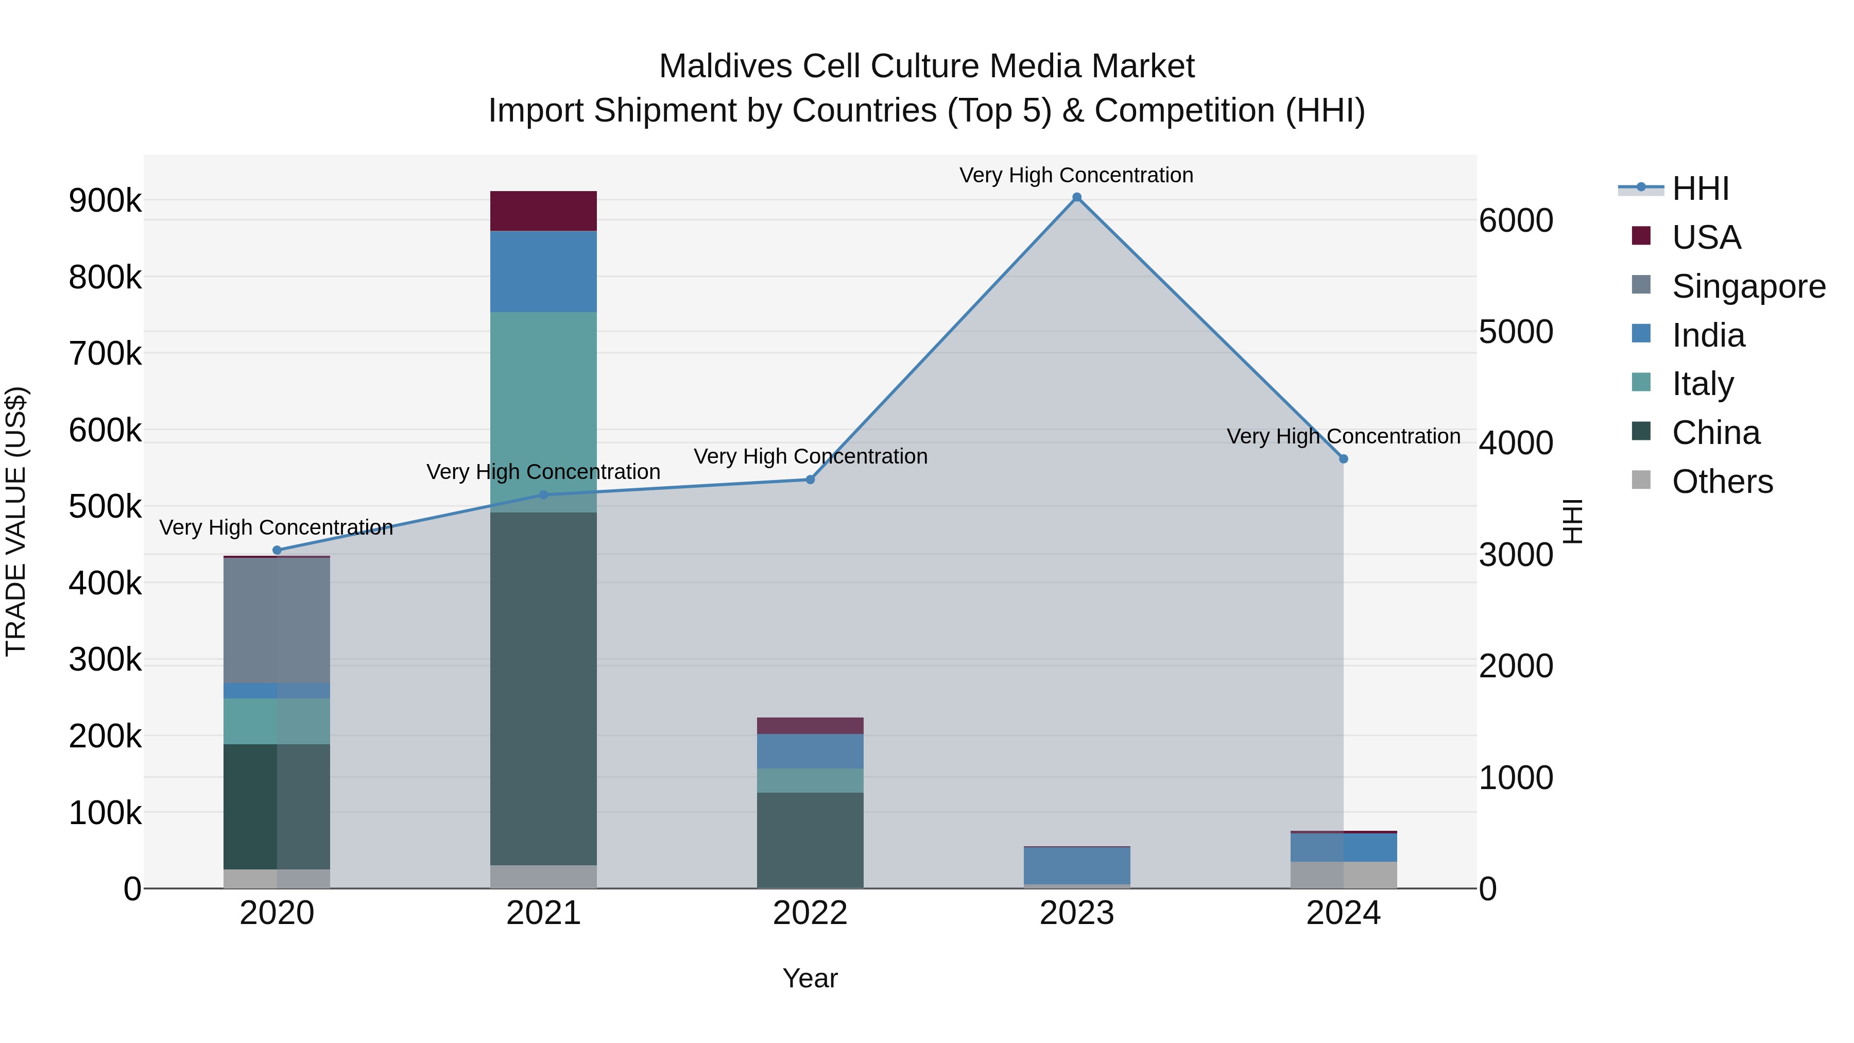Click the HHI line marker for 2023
pos(1077,197)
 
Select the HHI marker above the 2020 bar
pos(277,550)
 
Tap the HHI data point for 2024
pos(1343,458)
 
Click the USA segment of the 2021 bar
pos(543,211)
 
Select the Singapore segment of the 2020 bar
pos(277,620)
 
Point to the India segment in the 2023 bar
pos(1077,865)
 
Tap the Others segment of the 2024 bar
pos(1343,875)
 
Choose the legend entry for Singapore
pos(1748,286)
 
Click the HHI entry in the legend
pos(1699,189)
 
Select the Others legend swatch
pos(1641,480)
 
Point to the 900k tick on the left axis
pos(105,201)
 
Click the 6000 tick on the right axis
pos(1516,220)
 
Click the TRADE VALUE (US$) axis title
pos(16,521)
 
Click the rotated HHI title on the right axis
pos(1573,521)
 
